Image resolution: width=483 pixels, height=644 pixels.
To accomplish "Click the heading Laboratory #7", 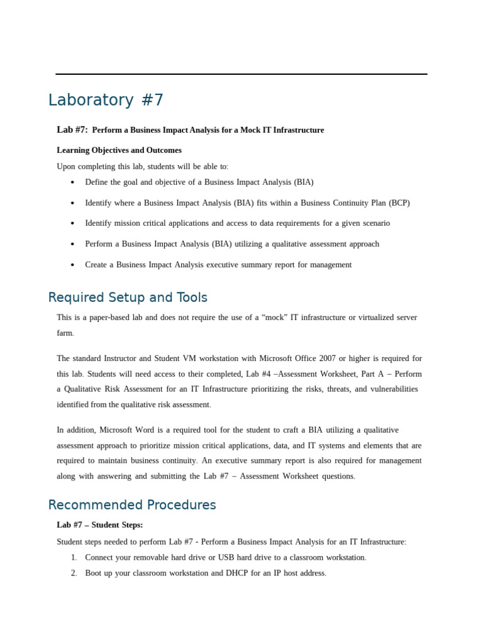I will tap(106, 100).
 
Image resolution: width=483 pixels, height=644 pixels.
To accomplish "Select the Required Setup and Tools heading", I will tap(128, 297).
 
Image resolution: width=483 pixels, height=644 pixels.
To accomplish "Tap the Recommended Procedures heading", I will tap(132, 505).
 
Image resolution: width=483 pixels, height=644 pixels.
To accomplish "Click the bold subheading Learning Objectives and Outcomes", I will tap(119, 150).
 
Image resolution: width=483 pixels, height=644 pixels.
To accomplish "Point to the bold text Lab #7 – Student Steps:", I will tap(100, 525).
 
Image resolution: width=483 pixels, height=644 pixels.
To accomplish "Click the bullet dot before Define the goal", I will tap(73, 182).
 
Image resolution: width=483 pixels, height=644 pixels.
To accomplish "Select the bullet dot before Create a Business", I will tap(73, 265).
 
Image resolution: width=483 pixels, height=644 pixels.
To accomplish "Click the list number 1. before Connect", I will tap(74, 557).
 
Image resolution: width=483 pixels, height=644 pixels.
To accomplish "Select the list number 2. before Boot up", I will tap(74, 574).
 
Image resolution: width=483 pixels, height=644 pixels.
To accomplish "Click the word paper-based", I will tap(113, 318).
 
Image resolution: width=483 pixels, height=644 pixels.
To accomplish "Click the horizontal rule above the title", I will tap(241, 74).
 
